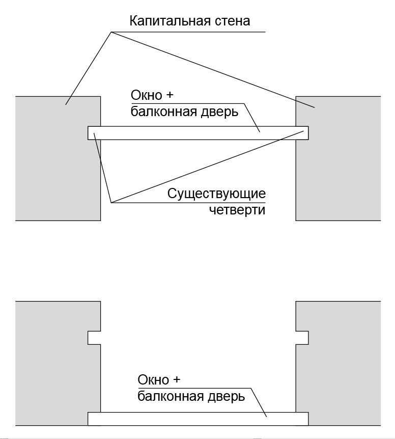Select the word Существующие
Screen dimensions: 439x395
(216, 194)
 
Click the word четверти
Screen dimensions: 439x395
(237, 209)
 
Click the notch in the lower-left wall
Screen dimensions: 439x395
(95, 338)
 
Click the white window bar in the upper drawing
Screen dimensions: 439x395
(198, 133)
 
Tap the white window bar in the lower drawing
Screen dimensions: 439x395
(198, 419)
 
